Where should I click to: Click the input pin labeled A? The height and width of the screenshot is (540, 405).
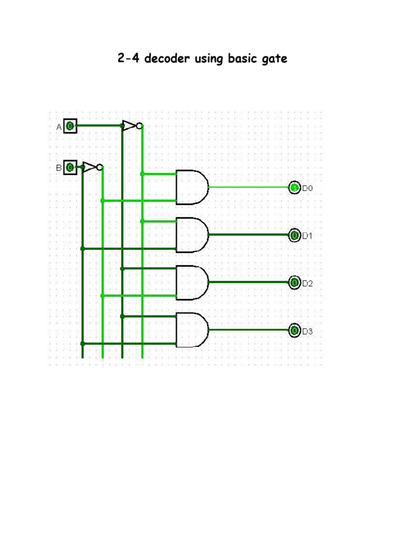click(71, 126)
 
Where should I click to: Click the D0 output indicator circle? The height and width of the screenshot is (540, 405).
click(294, 188)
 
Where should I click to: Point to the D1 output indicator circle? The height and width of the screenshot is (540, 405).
click(294, 235)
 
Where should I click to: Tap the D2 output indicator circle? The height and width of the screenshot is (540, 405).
click(294, 283)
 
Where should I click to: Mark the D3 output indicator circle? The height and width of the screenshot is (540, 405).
click(294, 331)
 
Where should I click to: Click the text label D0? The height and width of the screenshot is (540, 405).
click(307, 188)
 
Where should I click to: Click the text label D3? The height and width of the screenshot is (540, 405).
click(307, 331)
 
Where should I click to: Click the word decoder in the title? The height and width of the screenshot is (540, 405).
click(168, 59)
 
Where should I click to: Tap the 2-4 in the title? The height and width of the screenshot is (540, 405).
click(129, 59)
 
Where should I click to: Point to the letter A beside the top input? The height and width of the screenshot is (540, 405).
click(59, 127)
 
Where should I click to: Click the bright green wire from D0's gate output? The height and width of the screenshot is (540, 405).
click(248, 187)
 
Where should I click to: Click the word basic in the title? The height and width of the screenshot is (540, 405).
click(242, 59)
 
